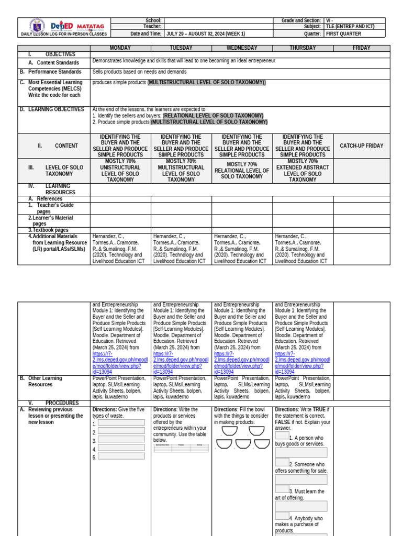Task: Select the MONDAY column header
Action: [x=120, y=48]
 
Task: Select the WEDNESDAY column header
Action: [x=242, y=48]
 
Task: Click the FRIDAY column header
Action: [x=361, y=48]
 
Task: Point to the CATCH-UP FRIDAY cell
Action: [x=361, y=146]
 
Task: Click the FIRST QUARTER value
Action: [x=343, y=34]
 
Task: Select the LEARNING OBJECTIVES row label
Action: [x=56, y=109]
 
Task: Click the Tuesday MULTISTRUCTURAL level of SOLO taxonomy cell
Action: [x=181, y=171]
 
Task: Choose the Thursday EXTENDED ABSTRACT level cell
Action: [x=303, y=171]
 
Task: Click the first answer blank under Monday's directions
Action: [x=121, y=423]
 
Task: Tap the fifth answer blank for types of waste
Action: [x=121, y=456]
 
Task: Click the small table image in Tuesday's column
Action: [x=181, y=448]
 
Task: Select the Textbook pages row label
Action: [x=50, y=230]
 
